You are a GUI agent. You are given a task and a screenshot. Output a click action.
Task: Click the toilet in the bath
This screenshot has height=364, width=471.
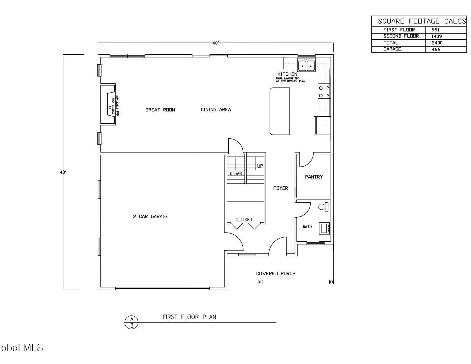323,206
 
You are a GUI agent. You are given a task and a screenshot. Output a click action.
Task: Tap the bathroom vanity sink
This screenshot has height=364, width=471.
324,228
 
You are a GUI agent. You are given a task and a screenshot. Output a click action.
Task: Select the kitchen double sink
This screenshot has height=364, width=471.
306,65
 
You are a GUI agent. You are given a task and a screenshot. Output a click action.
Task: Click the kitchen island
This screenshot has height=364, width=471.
279,111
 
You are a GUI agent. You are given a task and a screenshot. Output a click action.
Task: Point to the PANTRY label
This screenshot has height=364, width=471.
314,177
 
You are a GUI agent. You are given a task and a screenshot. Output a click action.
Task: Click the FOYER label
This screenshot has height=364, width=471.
280,188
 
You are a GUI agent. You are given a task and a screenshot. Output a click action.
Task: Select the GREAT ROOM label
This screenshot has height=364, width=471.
160,110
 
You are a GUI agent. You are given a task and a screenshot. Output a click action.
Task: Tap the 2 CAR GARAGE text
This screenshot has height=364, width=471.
151,217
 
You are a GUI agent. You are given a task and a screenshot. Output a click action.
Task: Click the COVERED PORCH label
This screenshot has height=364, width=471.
276,274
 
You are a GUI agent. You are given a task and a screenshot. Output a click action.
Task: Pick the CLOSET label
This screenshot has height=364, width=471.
244,220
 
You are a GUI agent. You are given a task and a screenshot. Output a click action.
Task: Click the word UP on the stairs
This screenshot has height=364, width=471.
260,166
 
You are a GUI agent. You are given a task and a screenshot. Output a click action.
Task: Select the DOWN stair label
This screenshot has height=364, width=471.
236,174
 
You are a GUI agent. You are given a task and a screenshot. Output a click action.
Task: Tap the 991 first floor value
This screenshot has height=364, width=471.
436,30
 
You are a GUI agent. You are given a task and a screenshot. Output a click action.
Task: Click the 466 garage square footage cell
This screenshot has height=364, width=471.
436,49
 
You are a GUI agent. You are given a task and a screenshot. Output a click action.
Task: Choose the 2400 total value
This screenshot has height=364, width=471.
437,43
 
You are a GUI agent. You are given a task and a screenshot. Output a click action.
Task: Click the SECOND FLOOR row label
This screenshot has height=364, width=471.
401,36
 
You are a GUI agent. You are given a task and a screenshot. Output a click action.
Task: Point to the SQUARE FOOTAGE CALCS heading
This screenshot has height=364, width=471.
422,21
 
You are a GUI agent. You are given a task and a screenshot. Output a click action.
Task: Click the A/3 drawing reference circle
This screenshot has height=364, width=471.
131,322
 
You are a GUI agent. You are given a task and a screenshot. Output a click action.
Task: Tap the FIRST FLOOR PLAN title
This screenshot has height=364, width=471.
189,317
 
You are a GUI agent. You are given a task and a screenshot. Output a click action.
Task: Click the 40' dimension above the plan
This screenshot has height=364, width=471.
216,43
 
